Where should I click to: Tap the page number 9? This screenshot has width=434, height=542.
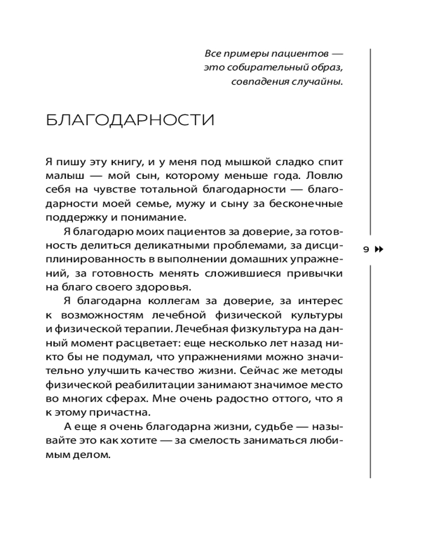pyautogui.click(x=365, y=249)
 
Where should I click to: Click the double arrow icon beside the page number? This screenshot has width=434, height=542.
pyautogui.click(x=379, y=249)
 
